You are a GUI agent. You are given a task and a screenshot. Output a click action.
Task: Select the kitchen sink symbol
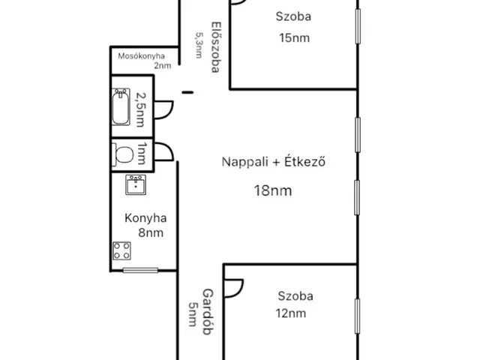(136, 184)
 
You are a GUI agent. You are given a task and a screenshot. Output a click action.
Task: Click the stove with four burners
(121, 252)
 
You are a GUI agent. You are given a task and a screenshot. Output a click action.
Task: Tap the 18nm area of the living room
(271, 190)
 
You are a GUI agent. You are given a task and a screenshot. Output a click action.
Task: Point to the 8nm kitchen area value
(151, 233)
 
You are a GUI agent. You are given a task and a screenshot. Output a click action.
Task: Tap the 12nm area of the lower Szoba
(291, 313)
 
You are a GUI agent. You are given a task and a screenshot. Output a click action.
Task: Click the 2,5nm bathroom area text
(142, 109)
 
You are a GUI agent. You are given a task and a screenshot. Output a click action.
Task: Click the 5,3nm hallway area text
(199, 46)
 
